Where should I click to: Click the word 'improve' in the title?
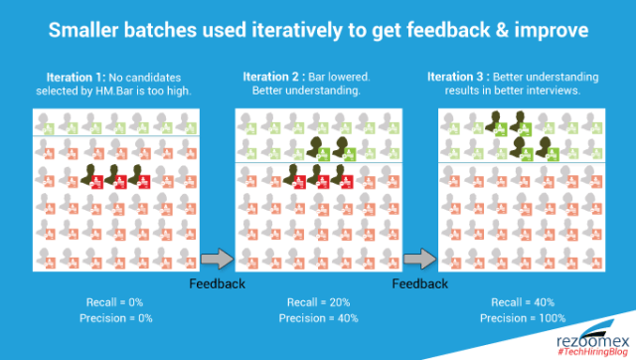[x=552, y=31]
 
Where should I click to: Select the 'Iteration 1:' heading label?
[x=76, y=78]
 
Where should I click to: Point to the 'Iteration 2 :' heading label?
[x=274, y=77]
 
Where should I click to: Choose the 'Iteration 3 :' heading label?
[x=458, y=77]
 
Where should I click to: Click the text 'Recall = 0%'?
[x=115, y=302]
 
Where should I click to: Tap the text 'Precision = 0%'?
[x=116, y=318]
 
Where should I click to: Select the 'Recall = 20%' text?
[x=318, y=302]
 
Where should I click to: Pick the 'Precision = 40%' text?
[x=318, y=318]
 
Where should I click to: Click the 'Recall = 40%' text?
[x=523, y=302]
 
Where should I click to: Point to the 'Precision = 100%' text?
[x=523, y=318]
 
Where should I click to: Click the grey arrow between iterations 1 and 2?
[x=218, y=259]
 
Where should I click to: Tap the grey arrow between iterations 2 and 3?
[x=420, y=259]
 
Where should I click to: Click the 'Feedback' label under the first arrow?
[x=217, y=283]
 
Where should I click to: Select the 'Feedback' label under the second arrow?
[x=419, y=283]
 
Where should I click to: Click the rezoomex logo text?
[x=593, y=341]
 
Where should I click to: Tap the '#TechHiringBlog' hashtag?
[x=592, y=352]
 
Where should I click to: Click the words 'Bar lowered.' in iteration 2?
[x=339, y=77]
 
